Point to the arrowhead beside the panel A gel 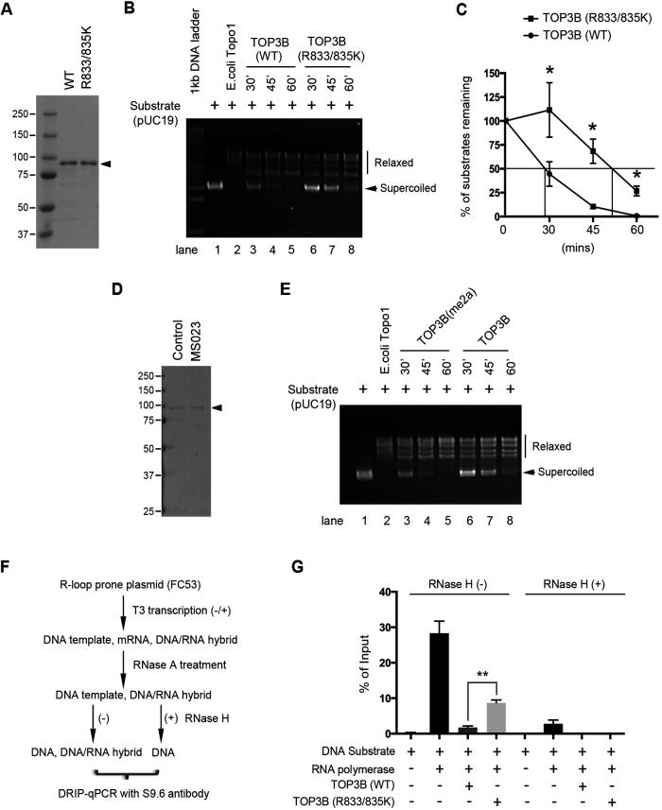[118, 164]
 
